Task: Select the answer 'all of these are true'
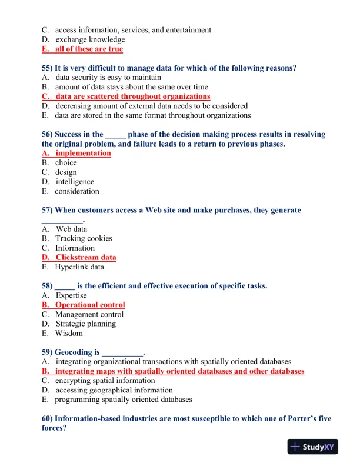click(x=89, y=49)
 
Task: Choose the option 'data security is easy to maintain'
click(x=108, y=78)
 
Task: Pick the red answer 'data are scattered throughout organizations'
click(x=132, y=96)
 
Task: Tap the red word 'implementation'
click(x=83, y=154)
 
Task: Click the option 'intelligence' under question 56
click(x=75, y=182)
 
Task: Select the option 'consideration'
click(x=77, y=191)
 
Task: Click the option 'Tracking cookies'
click(x=84, y=239)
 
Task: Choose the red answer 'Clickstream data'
click(x=86, y=258)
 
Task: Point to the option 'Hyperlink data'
click(x=79, y=267)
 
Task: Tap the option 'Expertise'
click(x=71, y=295)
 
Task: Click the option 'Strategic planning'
click(x=86, y=324)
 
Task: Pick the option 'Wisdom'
click(x=69, y=333)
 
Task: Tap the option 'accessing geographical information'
click(x=114, y=390)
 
